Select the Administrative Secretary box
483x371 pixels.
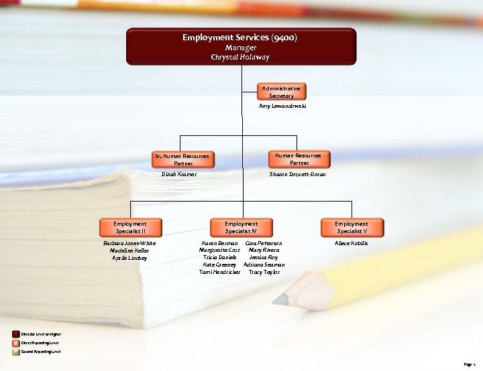[x=282, y=92]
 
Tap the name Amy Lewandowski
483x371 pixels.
[x=282, y=106]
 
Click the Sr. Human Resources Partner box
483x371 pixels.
[x=182, y=159]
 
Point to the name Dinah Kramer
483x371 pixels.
[x=179, y=174]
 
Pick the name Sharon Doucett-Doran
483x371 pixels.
[x=298, y=174]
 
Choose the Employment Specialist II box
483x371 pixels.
[x=130, y=227]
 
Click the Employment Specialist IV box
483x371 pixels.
[x=241, y=227]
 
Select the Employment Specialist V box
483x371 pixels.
[x=352, y=227]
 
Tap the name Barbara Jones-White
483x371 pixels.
[x=129, y=243]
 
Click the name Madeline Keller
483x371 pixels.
[x=129, y=250]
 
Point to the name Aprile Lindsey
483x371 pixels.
[x=129, y=258]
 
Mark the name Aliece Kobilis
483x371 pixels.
[x=352, y=243]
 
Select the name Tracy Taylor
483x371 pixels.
[x=264, y=273]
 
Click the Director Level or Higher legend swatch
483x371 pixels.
[x=16, y=333]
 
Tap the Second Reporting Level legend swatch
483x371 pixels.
[x=16, y=351]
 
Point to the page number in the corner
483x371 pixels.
[x=469, y=364]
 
